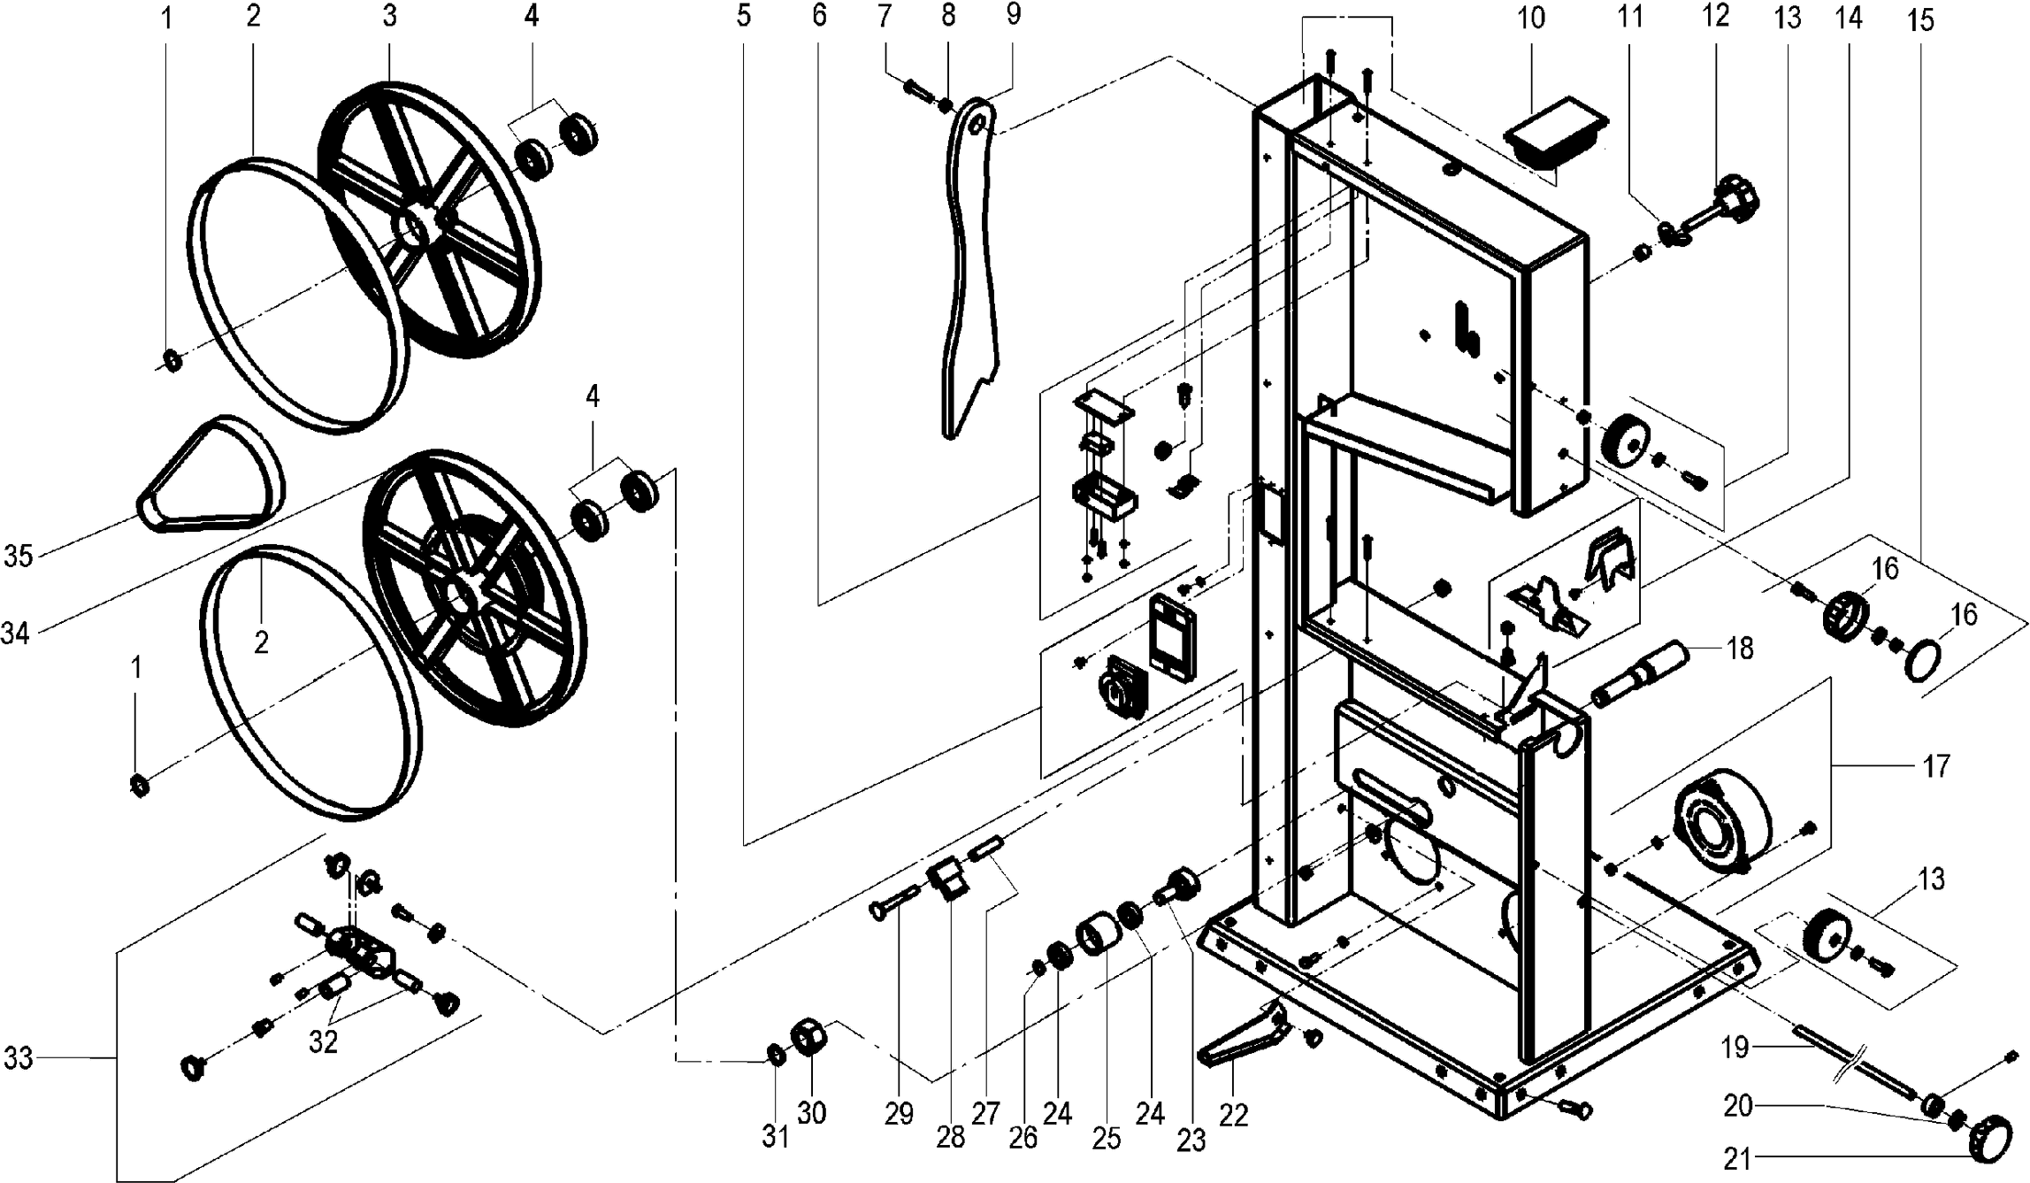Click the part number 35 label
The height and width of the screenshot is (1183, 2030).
click(19, 557)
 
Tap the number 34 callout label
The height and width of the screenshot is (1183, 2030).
click(17, 634)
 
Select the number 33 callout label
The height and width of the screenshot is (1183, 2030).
click(19, 1058)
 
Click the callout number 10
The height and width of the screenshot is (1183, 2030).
click(1531, 19)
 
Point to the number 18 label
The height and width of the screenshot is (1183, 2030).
click(1739, 649)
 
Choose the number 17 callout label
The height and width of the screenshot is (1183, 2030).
click(1935, 765)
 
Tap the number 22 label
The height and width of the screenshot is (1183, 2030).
click(1233, 1115)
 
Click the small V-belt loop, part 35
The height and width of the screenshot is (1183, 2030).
click(212, 478)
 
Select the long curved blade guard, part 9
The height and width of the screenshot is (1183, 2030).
click(969, 265)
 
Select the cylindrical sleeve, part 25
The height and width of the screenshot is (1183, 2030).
click(1098, 938)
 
